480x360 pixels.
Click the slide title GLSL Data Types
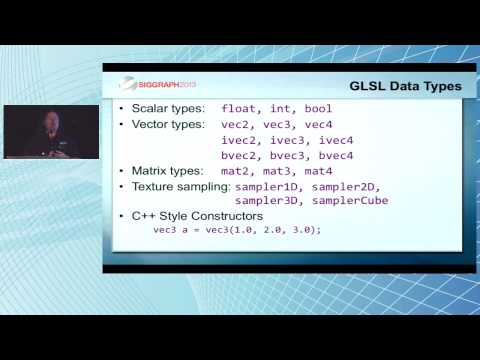[404, 86]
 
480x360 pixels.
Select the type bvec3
[293, 155]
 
